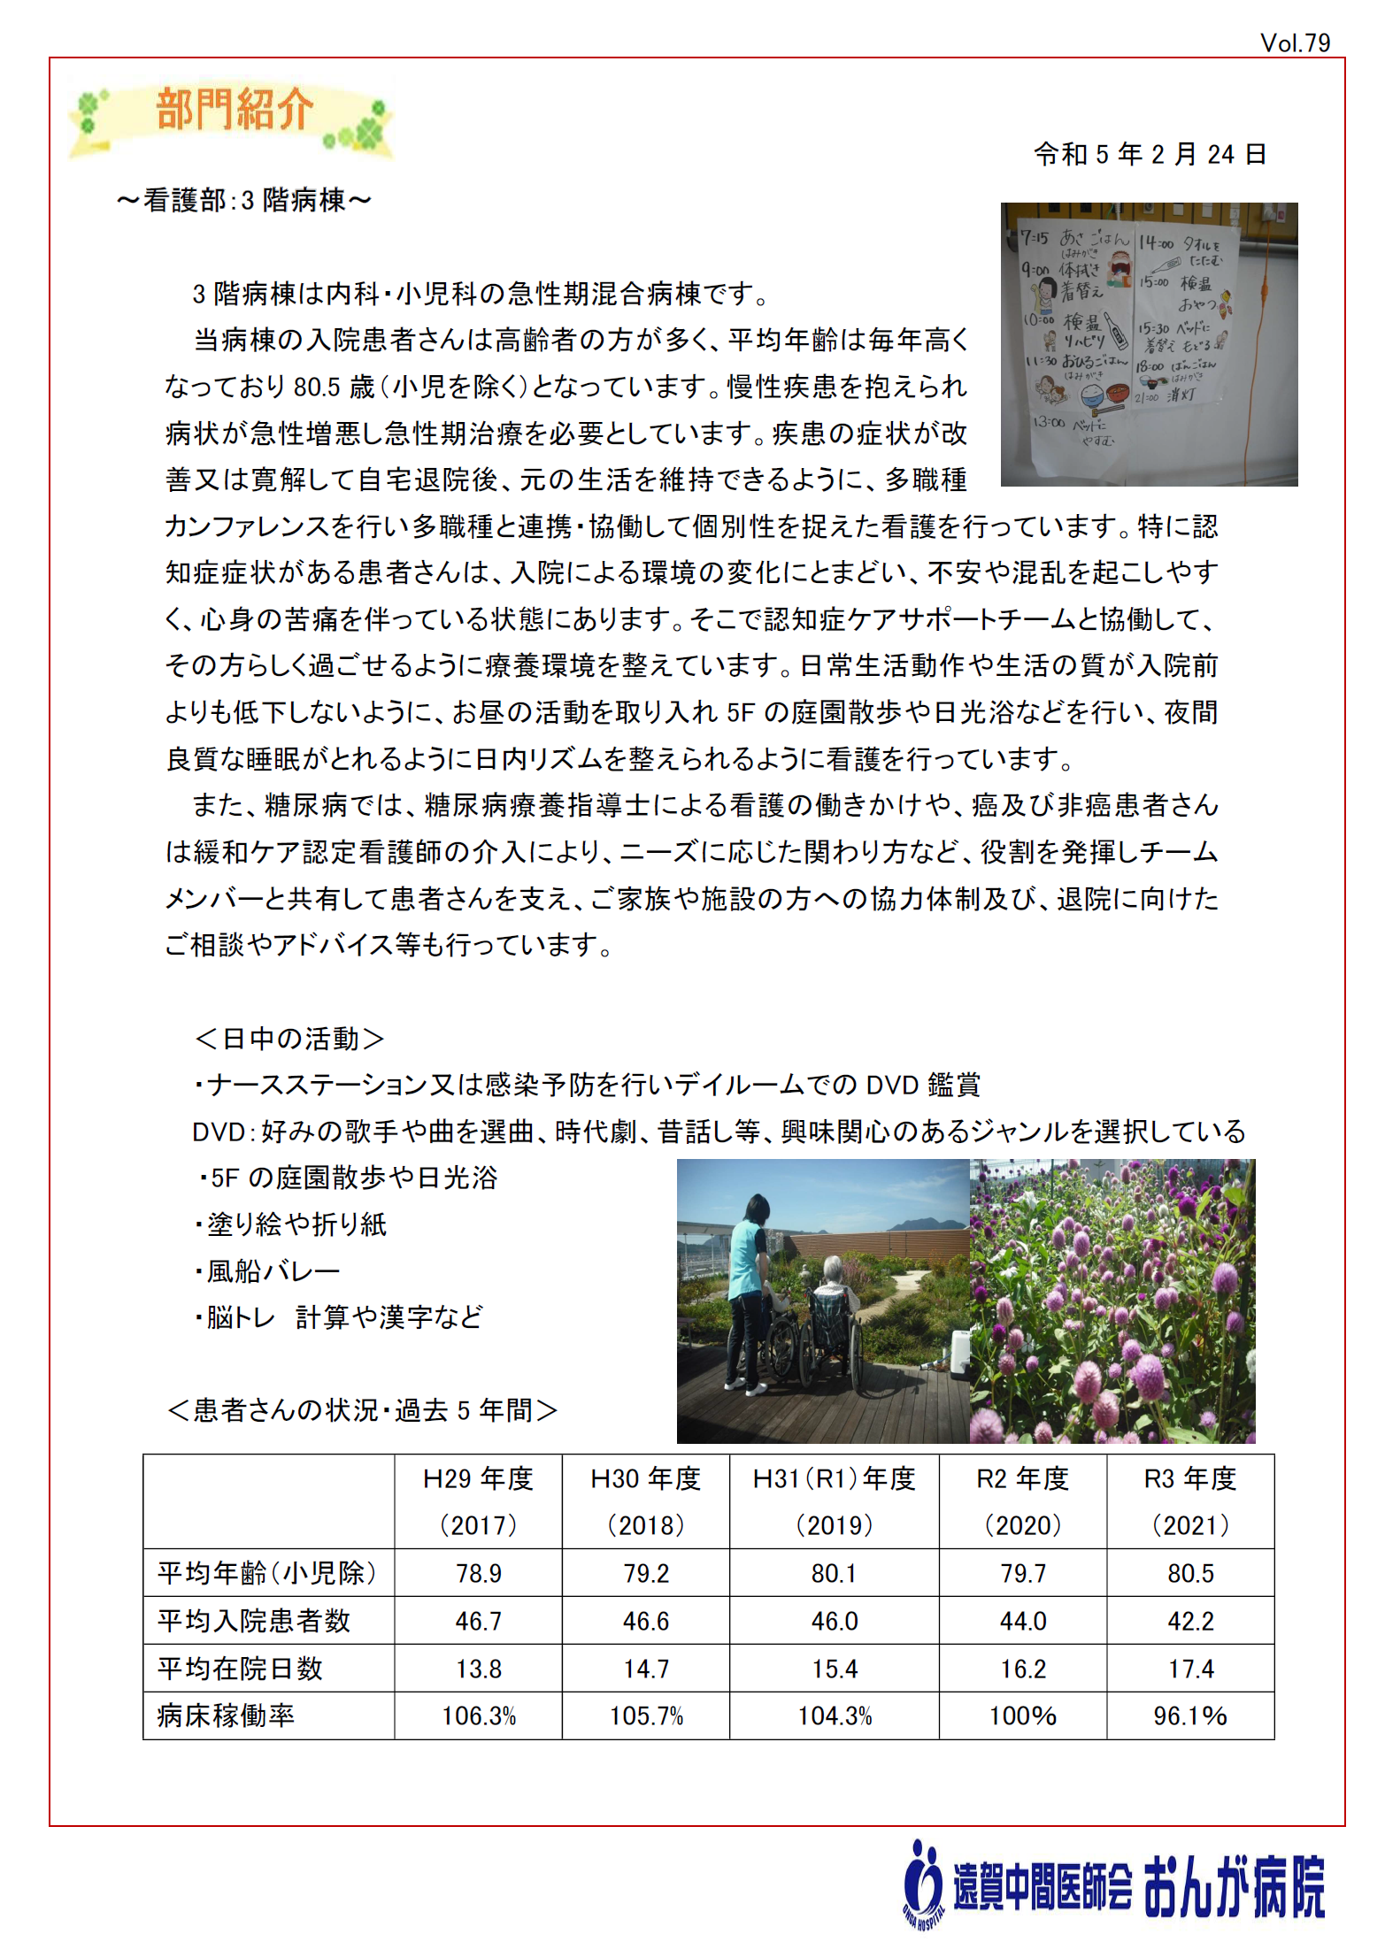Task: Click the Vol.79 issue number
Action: coord(1295,42)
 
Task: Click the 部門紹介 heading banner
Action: coord(232,112)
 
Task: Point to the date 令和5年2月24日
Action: coord(1150,154)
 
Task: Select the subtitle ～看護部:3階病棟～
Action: coord(243,201)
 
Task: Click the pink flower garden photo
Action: coord(1112,1301)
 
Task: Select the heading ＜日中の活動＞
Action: coord(289,1038)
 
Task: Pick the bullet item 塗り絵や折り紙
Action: coord(291,1224)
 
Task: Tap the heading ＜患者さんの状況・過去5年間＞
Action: coord(362,1409)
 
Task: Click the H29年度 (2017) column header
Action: coord(478,1501)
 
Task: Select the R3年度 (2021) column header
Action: coord(1189,1501)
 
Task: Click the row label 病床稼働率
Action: coord(226,1715)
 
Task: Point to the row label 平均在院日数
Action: coord(240,1669)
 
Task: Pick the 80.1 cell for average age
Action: coord(834,1573)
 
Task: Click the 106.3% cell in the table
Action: coord(479,1716)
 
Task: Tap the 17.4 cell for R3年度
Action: coord(1190,1669)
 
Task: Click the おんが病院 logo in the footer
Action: coord(1115,1886)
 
